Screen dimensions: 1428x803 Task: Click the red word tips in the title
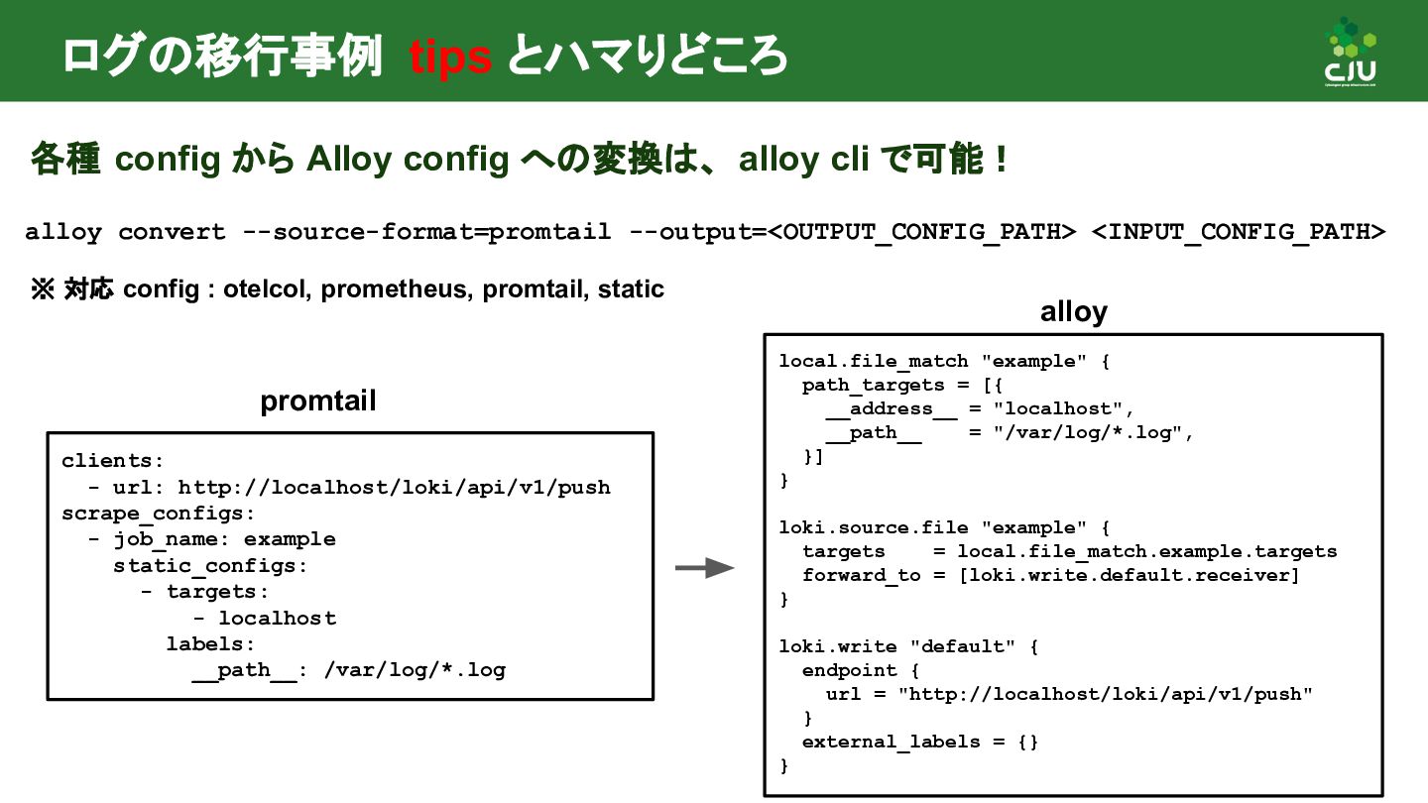450,57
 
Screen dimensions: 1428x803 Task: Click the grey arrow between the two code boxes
704,568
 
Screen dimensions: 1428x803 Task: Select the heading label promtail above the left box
318,401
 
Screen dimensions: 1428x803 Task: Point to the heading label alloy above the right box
1073,312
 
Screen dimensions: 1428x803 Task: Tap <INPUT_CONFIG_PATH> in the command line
1238,232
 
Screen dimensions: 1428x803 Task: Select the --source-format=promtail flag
426,232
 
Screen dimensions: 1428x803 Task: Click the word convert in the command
172,232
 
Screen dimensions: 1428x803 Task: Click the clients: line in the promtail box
112,461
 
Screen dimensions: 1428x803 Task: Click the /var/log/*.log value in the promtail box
415,670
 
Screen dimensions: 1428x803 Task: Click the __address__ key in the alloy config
879,408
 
